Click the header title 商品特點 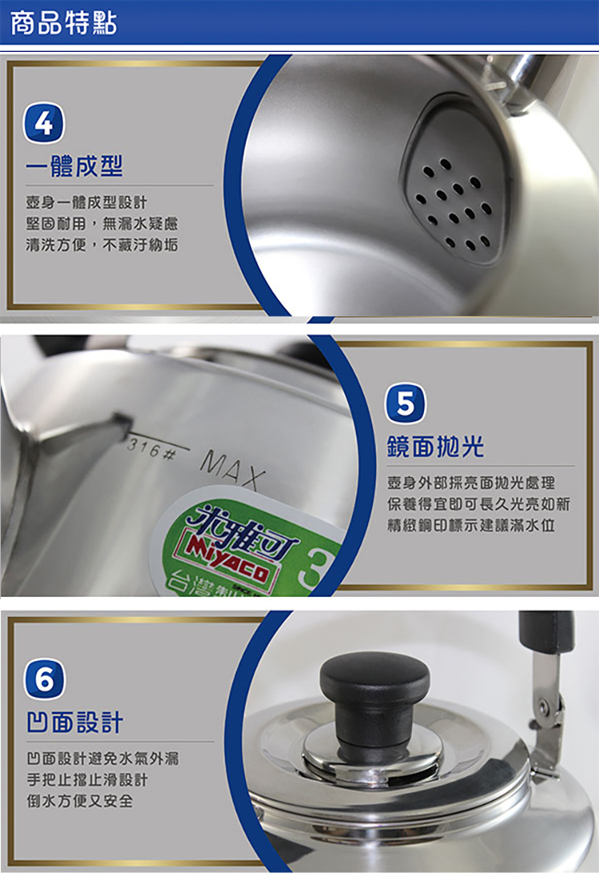point(64,23)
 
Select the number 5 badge point(405,404)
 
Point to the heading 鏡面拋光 point(435,447)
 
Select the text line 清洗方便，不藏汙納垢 point(101,245)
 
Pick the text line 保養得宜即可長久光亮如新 point(479,504)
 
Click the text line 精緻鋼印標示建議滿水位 point(472,526)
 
